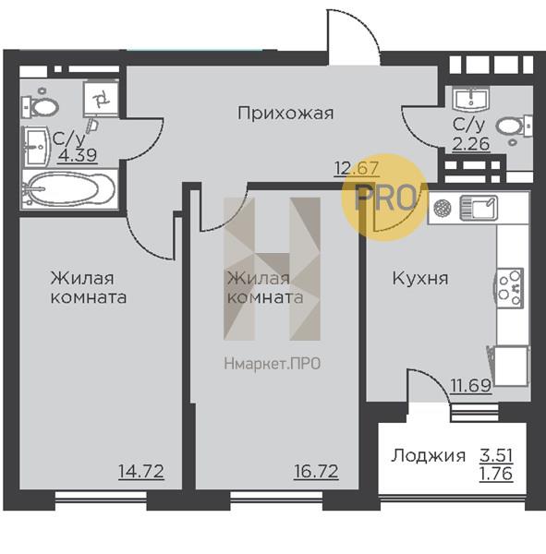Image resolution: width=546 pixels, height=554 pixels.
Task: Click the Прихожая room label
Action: pos(285,114)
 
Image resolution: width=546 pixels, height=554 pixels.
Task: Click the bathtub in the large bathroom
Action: pos(68,190)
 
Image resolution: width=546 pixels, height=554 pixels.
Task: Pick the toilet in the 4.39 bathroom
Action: pos(42,105)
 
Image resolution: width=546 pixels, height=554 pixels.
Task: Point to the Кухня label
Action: pos(419,278)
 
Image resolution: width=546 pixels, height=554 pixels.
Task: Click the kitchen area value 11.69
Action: pos(471,387)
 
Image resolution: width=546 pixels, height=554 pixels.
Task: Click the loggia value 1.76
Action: pos(496,475)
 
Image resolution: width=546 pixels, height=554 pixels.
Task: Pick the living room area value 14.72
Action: pos(140,473)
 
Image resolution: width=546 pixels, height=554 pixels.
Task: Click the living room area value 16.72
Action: pos(315,473)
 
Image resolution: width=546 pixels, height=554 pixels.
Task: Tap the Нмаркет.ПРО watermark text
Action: pos(273,364)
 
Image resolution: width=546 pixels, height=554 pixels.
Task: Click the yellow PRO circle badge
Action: pos(385,197)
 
